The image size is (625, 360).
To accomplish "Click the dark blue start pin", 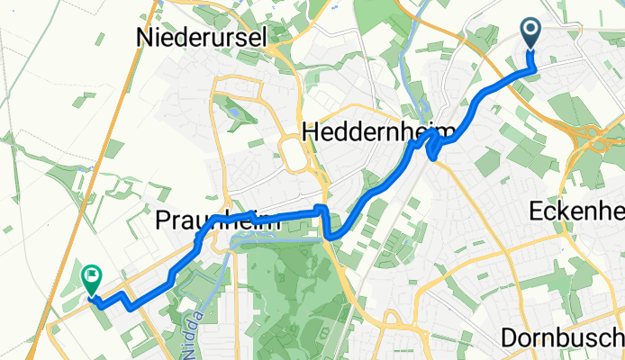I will [530, 34].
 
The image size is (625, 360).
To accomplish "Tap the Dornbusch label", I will [562, 337].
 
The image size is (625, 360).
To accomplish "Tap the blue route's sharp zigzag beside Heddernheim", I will [436, 145].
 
